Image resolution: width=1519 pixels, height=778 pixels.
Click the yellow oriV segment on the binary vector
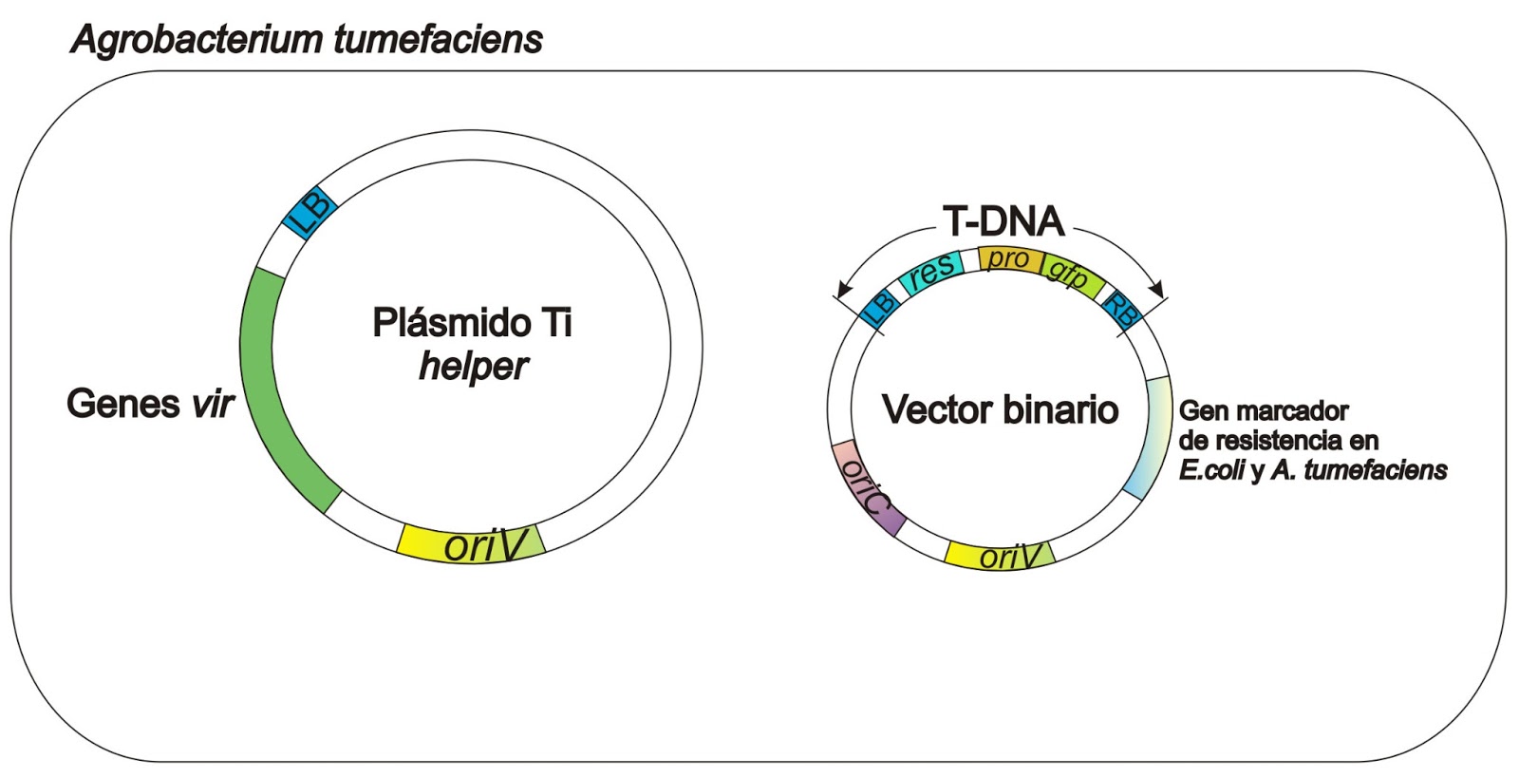(1001, 554)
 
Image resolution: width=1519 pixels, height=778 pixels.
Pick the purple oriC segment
(865, 486)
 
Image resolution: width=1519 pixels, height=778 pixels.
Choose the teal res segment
(930, 272)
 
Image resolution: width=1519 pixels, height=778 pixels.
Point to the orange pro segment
(1008, 258)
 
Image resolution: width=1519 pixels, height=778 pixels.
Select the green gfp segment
(1071, 274)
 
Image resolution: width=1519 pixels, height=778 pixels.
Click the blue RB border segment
(1121, 310)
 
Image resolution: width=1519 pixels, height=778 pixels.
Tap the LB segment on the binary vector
(878, 307)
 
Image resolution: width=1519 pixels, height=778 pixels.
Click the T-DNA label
(1003, 221)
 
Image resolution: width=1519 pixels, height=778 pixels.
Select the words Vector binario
(1000, 409)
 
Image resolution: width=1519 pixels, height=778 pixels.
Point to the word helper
(473, 366)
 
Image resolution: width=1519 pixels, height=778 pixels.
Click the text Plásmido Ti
(472, 322)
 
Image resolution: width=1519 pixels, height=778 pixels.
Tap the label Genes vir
(150, 404)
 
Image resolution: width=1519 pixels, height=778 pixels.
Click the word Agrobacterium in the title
(197, 39)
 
